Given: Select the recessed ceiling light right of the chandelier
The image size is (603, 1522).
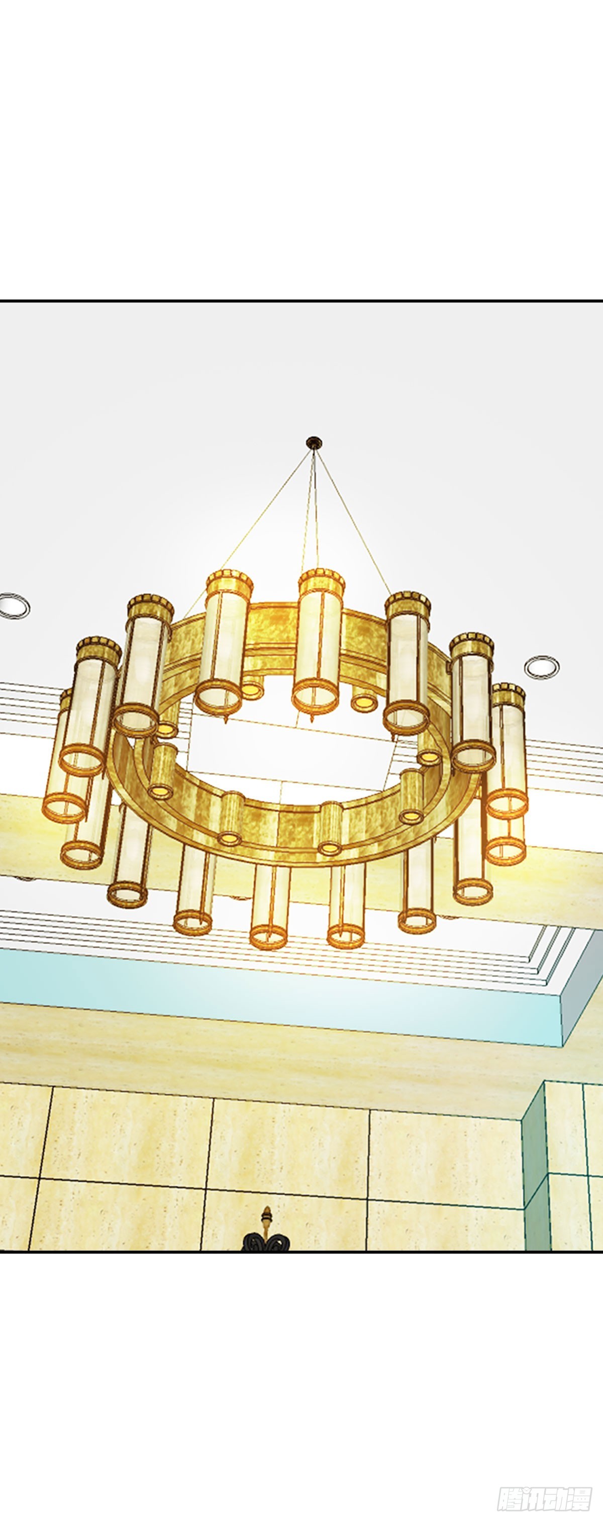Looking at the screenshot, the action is tap(542, 666).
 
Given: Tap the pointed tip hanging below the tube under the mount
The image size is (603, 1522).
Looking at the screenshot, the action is tap(313, 719).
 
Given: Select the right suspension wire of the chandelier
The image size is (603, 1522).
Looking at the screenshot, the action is tap(353, 524).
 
